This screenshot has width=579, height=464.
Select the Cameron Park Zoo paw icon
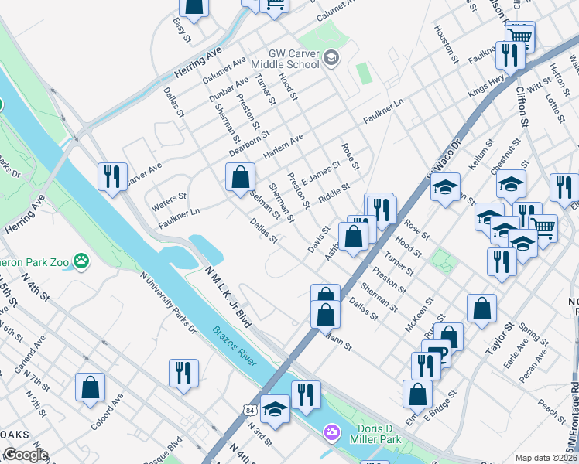click(x=81, y=261)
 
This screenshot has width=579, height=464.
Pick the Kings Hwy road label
click(x=485, y=85)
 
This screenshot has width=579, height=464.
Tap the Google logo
click(x=26, y=455)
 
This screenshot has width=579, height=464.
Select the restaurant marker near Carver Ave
click(x=112, y=176)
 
